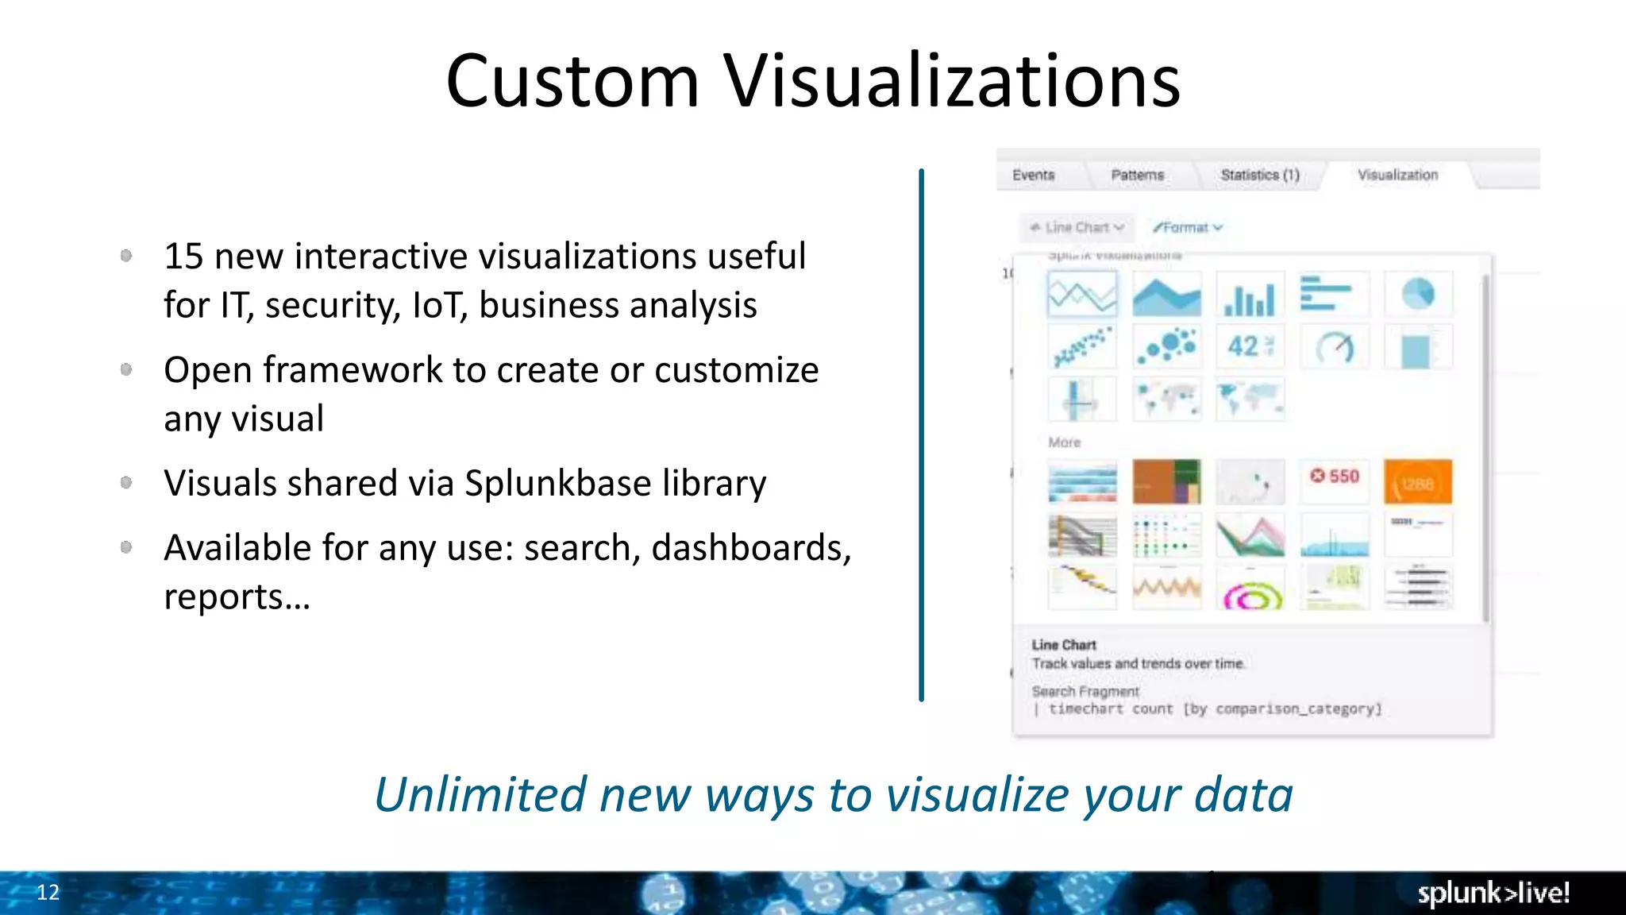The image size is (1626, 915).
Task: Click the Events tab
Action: (x=1033, y=175)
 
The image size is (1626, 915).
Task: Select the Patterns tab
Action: (x=1137, y=175)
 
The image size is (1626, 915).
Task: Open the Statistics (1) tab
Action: (x=1259, y=175)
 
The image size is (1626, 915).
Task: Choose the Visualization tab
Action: (x=1397, y=175)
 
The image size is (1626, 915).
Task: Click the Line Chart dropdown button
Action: (x=1077, y=228)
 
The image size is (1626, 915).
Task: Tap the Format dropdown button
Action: (x=1188, y=228)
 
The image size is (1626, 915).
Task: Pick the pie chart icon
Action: (x=1418, y=294)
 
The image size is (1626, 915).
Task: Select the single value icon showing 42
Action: (x=1250, y=346)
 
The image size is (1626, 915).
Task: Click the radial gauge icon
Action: (x=1335, y=347)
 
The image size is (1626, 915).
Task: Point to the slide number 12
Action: (x=48, y=892)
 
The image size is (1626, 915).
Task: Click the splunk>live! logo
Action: (x=1493, y=893)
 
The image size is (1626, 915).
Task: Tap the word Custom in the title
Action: (x=572, y=81)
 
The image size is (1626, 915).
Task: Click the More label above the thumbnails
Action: (x=1064, y=442)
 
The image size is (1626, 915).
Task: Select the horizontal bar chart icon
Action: (x=1334, y=294)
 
